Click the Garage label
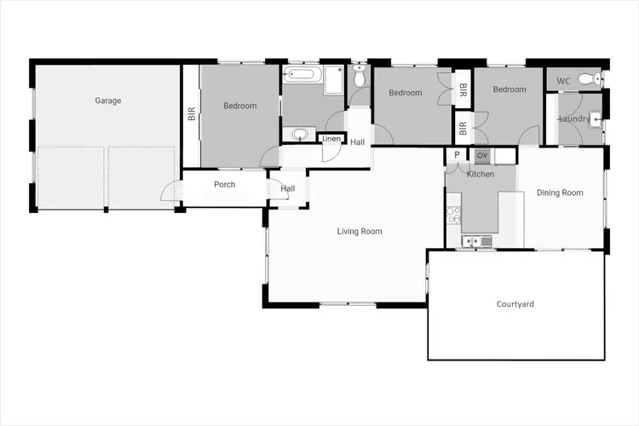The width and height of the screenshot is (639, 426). [x=108, y=101]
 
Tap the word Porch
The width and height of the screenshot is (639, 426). [x=224, y=185]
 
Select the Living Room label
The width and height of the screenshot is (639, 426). [x=360, y=231]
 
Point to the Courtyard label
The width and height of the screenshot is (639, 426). [x=515, y=304]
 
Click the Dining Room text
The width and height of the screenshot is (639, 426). [x=560, y=193]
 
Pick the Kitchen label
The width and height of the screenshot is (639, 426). [x=481, y=174]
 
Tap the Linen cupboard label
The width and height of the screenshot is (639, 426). [x=331, y=139]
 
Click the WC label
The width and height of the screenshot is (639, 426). [x=563, y=81]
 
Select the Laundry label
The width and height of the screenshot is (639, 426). [x=573, y=118]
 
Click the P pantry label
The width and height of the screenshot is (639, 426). [x=458, y=155]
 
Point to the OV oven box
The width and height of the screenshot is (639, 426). [x=481, y=155]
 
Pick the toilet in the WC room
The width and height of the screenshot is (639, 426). [x=587, y=80]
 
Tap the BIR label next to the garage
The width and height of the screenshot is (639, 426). [x=192, y=114]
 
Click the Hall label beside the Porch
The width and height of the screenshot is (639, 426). [x=288, y=189]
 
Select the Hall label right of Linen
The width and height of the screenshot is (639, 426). [x=358, y=141]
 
